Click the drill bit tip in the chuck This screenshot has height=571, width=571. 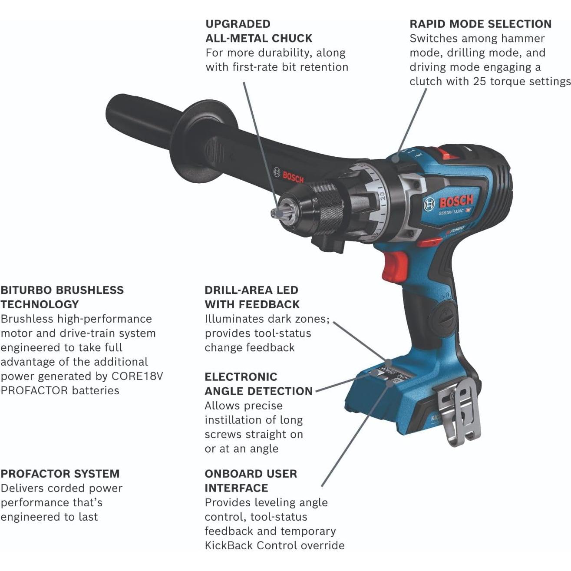pyautogui.click(x=273, y=213)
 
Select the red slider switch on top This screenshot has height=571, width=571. pyautogui.click(x=447, y=153)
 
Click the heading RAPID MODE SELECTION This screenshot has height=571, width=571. pyautogui.click(x=480, y=24)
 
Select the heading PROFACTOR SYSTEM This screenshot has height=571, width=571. pyautogui.click(x=60, y=474)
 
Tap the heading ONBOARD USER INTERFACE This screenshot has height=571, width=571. pyautogui.click(x=251, y=481)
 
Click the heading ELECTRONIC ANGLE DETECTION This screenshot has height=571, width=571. pyautogui.click(x=258, y=384)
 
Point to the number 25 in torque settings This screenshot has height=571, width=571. pyautogui.click(x=480, y=81)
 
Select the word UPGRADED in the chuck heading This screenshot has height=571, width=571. pyautogui.click(x=238, y=24)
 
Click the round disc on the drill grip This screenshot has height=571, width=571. pyautogui.click(x=445, y=312)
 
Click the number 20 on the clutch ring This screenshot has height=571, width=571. pyautogui.click(x=382, y=195)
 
